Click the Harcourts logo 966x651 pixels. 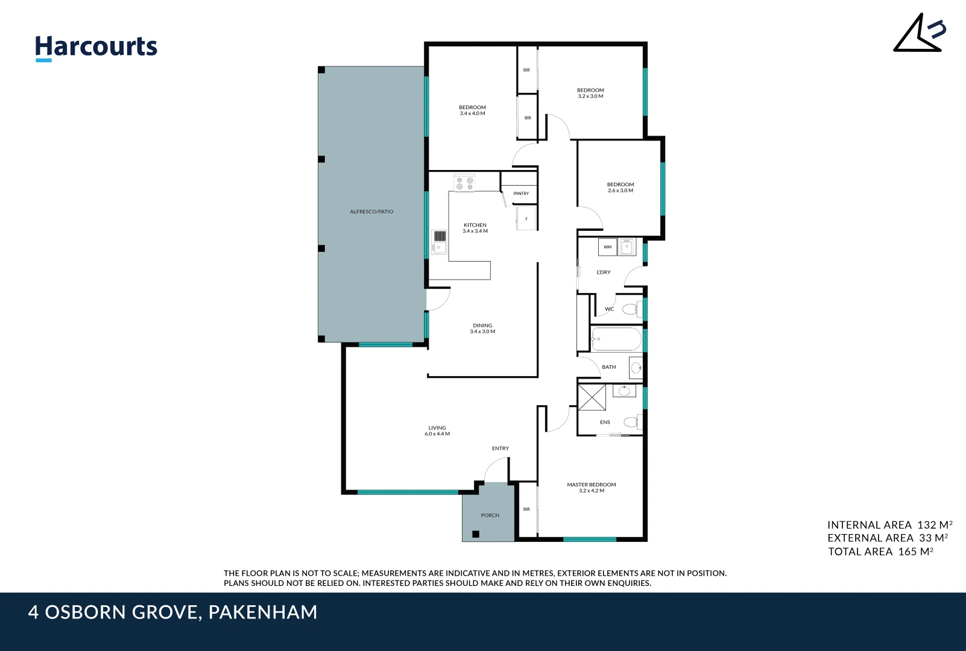tap(96, 47)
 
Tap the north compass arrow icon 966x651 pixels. tap(919, 34)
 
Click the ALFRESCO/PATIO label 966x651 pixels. tap(371, 212)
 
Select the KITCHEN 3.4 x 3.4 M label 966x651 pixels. tap(475, 228)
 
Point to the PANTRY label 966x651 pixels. tap(521, 193)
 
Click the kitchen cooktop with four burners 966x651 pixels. tap(464, 183)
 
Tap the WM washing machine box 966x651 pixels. tap(607, 247)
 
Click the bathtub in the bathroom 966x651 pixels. tap(616, 339)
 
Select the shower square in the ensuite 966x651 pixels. tap(592, 397)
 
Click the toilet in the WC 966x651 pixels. tap(630, 310)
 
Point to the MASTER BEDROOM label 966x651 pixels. tap(592, 487)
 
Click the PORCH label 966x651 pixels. tap(490, 515)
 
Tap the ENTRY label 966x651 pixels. tap(500, 448)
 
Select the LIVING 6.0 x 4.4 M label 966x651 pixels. tap(437, 430)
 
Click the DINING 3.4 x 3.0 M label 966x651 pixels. tap(482, 328)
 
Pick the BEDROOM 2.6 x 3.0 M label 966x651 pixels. tap(620, 187)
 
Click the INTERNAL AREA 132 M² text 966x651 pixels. tap(889, 525)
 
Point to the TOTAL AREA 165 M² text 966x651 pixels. tap(880, 552)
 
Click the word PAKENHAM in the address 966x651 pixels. tap(263, 612)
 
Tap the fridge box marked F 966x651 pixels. tap(526, 219)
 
